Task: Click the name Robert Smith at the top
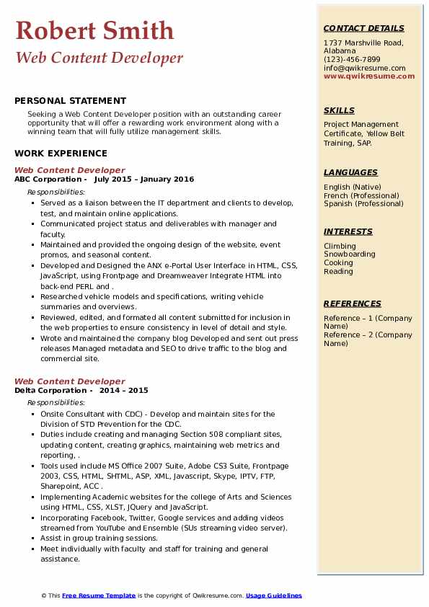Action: [x=94, y=30]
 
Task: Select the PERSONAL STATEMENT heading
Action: [x=70, y=101]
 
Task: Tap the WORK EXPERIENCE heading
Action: [x=61, y=153]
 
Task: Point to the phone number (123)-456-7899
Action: [x=352, y=60]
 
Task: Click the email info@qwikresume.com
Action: [x=364, y=68]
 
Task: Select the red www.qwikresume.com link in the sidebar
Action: [x=369, y=76]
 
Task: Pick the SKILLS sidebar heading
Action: [x=339, y=110]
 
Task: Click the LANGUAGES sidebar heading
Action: [x=350, y=172]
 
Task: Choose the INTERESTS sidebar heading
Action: [x=348, y=231]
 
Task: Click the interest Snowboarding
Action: [x=350, y=254]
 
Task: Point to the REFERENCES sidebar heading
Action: [x=353, y=303]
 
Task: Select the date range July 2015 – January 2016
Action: [x=144, y=179]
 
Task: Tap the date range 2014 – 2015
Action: [x=124, y=390]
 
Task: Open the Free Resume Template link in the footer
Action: [x=99, y=595]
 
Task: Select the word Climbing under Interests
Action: [x=340, y=246]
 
